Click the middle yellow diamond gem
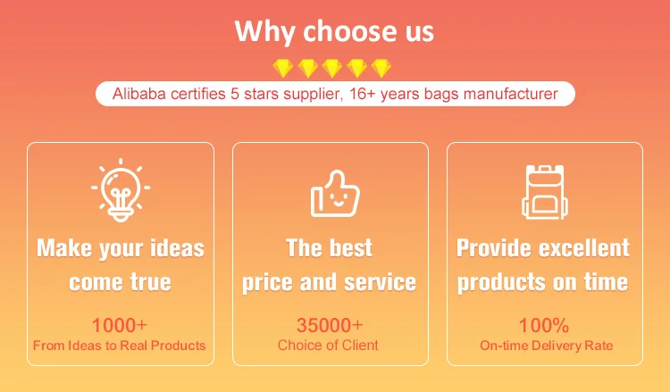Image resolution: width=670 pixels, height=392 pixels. tap(332, 69)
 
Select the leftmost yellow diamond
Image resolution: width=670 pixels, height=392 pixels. tap(283, 69)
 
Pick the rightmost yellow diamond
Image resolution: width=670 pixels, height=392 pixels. tap(381, 69)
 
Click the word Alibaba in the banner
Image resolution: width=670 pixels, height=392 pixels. tap(138, 94)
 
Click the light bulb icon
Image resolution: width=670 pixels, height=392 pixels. tap(121, 190)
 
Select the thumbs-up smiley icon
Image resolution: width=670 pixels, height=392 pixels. tap(335, 194)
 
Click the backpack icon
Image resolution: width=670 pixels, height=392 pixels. tap(545, 192)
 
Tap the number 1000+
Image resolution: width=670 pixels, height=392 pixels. tap(120, 325)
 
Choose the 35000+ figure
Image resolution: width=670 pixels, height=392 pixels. tap(330, 325)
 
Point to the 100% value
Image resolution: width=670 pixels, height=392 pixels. tap(544, 325)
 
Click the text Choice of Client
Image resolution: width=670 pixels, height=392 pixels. tap(328, 345)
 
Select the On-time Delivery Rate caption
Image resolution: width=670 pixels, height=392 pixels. tap(546, 346)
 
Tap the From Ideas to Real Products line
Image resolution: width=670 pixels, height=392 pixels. tap(120, 346)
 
